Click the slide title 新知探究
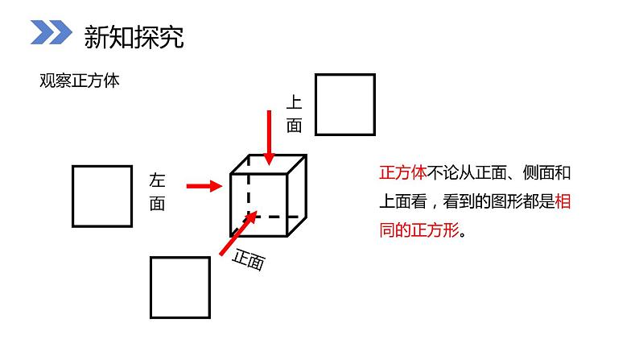click(x=134, y=36)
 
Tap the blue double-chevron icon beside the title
click(x=52, y=34)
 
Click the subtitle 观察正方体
click(x=79, y=81)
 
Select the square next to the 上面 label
click(x=344, y=104)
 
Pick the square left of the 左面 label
click(x=102, y=196)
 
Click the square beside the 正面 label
click(x=179, y=287)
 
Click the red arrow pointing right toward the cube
click(x=204, y=187)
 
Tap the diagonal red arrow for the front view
click(x=237, y=234)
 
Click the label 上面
click(x=294, y=114)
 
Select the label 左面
click(x=157, y=192)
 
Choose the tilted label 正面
click(x=249, y=260)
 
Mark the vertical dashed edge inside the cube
click(x=248, y=189)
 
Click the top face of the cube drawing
click(x=268, y=163)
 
